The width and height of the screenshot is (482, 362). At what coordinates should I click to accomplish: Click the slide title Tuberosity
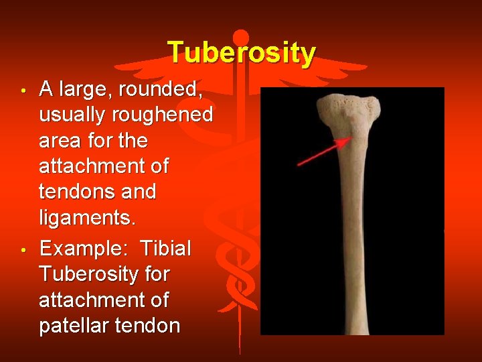click(241, 52)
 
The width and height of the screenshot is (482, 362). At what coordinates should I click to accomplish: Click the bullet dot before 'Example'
click(23, 250)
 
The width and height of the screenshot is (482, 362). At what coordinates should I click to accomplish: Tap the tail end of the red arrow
click(299, 164)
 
